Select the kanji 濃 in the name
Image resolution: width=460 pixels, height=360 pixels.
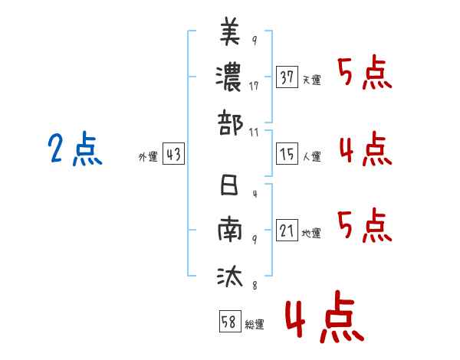pos(230,77)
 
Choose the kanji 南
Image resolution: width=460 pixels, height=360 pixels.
pos(230,231)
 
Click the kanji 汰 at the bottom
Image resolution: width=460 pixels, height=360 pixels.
pos(230,275)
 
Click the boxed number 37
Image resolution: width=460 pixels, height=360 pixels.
pos(287,77)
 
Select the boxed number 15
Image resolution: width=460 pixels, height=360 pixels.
pos(287,155)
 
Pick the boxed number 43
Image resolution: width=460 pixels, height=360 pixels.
pos(173,155)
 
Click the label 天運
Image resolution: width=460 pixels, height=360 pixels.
pos(311,80)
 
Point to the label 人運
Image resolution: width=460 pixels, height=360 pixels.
pos(311,157)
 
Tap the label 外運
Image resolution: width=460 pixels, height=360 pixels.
pos(148,157)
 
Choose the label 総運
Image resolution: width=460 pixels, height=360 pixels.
pos(255,324)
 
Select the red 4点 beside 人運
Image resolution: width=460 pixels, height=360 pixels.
pos(365,148)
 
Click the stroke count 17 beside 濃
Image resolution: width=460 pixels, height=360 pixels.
pos(254,86)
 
